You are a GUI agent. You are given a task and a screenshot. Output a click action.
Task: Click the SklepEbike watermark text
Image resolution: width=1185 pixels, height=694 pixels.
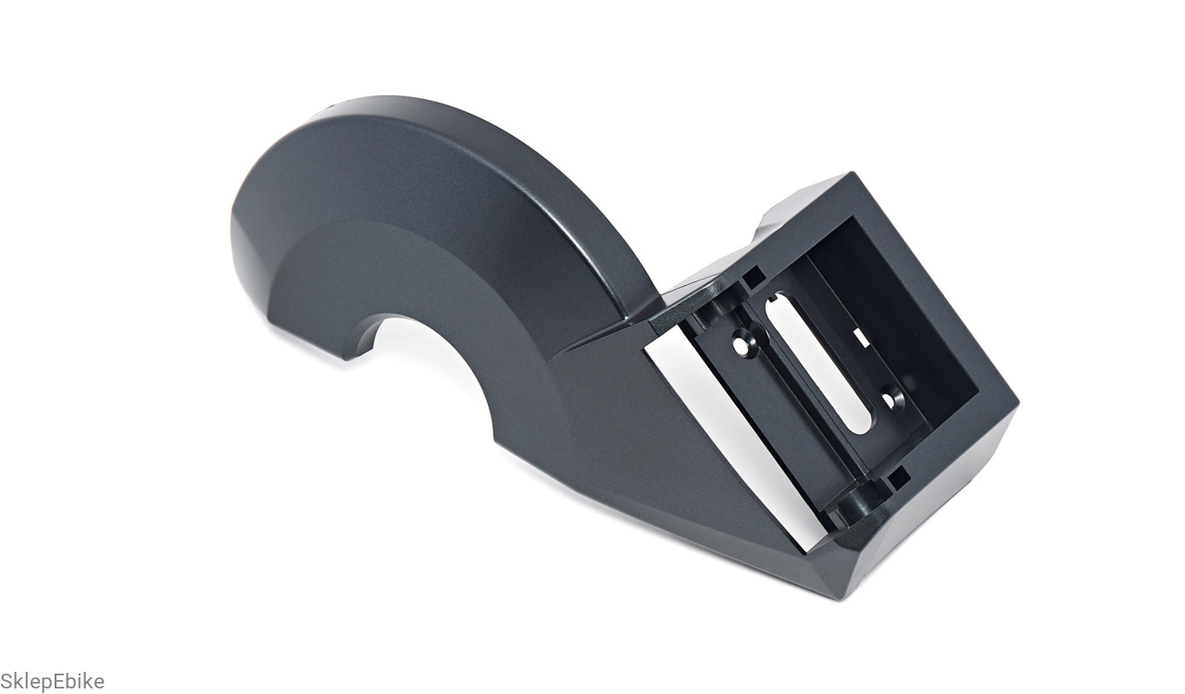pos(53,681)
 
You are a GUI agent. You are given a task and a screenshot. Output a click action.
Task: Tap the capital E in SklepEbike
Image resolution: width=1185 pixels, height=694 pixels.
pos(57,680)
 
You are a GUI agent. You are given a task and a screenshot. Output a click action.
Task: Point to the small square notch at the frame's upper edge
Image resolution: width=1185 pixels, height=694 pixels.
pos(753,278)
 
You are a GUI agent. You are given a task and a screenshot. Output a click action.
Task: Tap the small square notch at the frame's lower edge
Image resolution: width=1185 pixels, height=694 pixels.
pos(898,478)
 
